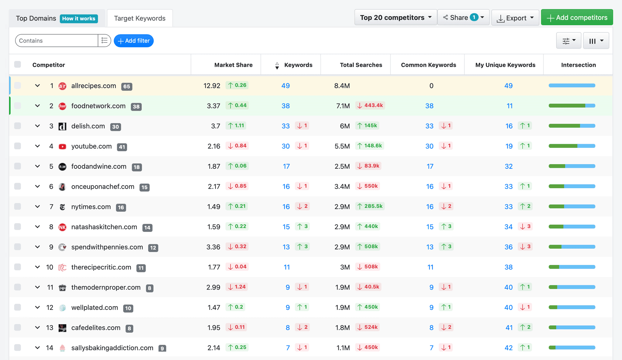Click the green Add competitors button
[x=577, y=18]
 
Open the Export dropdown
[x=515, y=18]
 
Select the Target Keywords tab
[x=140, y=18]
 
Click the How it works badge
[x=79, y=19]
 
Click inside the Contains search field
[x=56, y=41]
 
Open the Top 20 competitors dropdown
[x=395, y=18]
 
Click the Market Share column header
[x=233, y=65]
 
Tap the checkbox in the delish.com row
[x=18, y=126]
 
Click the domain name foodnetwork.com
[x=98, y=106]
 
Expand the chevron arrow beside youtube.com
[x=37, y=146]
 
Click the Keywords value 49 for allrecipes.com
[x=285, y=86]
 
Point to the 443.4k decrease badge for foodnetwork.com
[x=370, y=105]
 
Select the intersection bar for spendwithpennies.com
[x=572, y=247]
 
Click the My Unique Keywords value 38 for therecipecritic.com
[x=508, y=267]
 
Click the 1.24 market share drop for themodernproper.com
[x=237, y=287]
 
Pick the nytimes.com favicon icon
[x=62, y=207]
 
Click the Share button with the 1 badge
[x=463, y=18]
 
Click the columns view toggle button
[x=596, y=41]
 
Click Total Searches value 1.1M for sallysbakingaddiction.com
[x=343, y=348]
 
